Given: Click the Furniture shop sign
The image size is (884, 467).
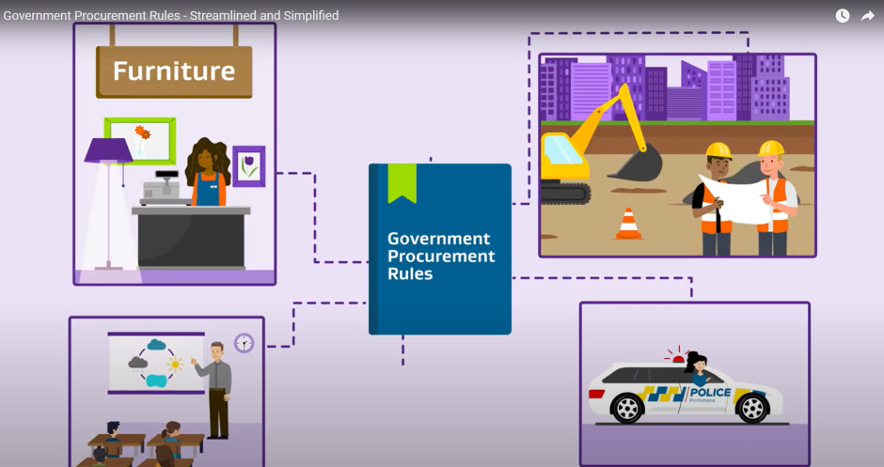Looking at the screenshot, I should pyautogui.click(x=174, y=71).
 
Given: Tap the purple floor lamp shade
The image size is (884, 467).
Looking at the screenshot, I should pyautogui.click(x=108, y=150).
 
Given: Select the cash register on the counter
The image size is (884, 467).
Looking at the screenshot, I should pyautogui.click(x=160, y=190).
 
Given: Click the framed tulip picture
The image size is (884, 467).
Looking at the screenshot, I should pyautogui.click(x=248, y=165).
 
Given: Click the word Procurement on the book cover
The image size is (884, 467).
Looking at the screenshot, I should pyautogui.click(x=441, y=257).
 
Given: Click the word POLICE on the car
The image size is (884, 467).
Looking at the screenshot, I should pyautogui.click(x=710, y=392).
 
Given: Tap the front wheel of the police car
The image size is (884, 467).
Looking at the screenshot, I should pyautogui.click(x=752, y=408).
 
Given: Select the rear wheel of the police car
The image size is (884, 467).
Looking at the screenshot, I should pyautogui.click(x=626, y=408).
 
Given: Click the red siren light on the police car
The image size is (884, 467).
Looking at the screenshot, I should pyautogui.click(x=676, y=358).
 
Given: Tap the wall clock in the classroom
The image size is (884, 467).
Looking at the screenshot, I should pyautogui.click(x=245, y=343).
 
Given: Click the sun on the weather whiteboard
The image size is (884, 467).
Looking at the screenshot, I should pyautogui.click(x=175, y=363).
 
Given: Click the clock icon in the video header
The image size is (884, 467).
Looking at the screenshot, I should pyautogui.click(x=843, y=15).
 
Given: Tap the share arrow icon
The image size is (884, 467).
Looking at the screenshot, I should pyautogui.click(x=868, y=15).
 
